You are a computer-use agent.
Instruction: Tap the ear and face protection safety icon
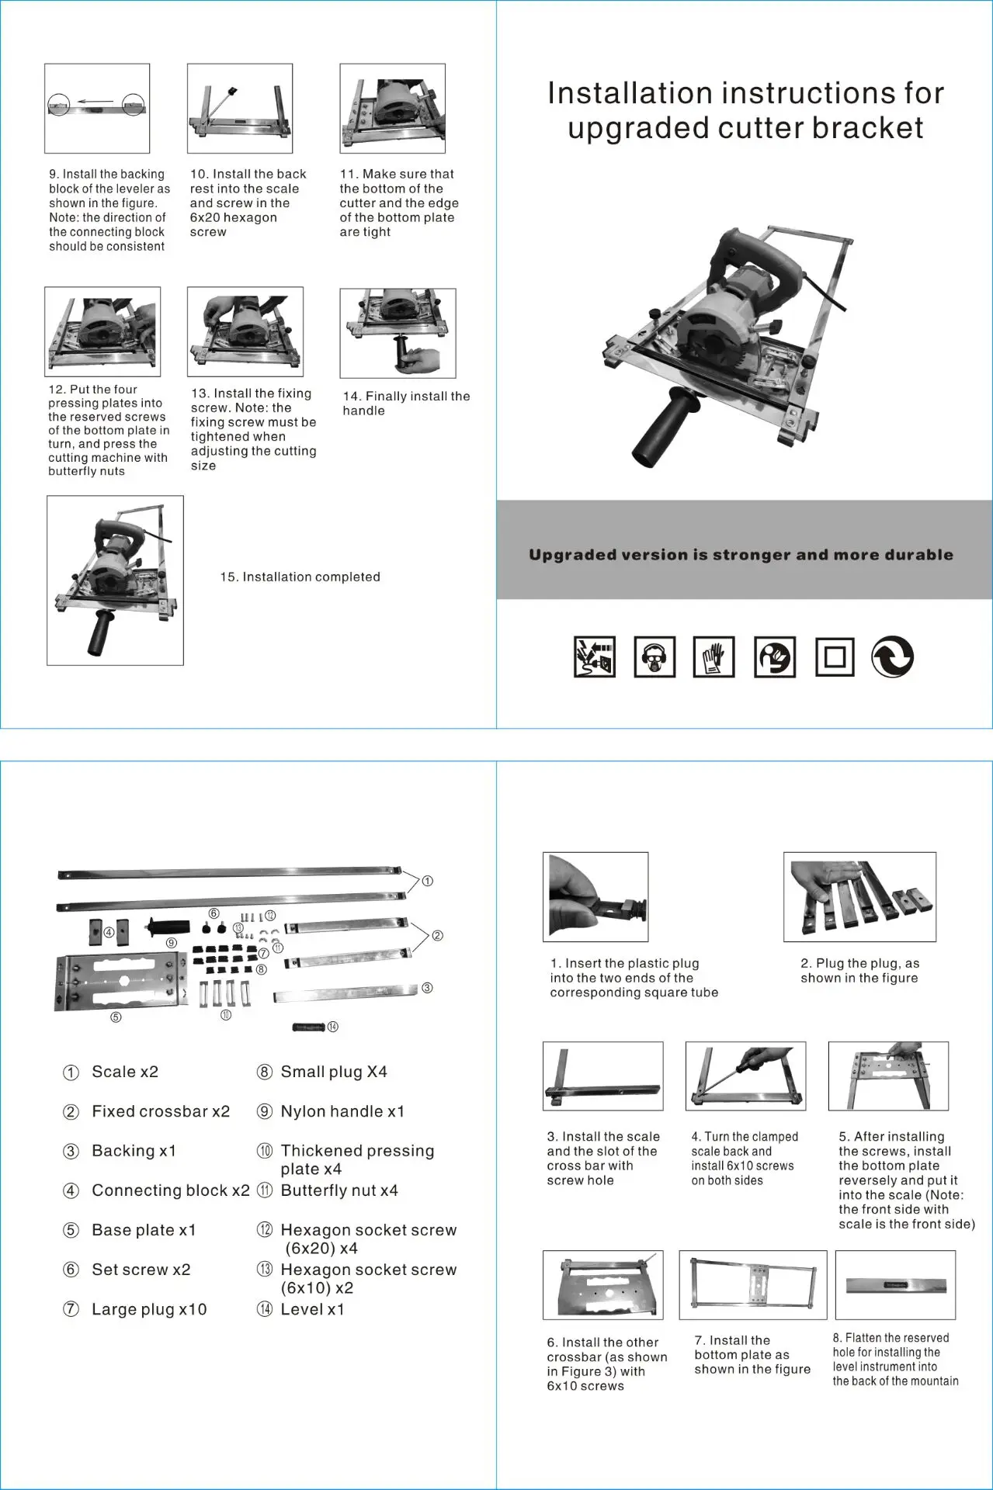pyautogui.click(x=654, y=657)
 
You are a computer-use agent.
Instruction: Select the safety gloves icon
pyautogui.click(x=714, y=657)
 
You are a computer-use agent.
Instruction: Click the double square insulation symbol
pyautogui.click(x=835, y=657)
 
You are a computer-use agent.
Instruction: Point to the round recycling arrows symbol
pyautogui.click(x=892, y=657)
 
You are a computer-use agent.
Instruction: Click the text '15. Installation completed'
pyautogui.click(x=300, y=577)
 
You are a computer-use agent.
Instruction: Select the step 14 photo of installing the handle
pyautogui.click(x=398, y=333)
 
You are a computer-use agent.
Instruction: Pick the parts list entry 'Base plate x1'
pyautogui.click(x=144, y=1230)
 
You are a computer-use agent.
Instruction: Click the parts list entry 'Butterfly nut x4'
pyautogui.click(x=339, y=1190)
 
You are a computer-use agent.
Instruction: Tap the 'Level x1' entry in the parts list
pyautogui.click(x=312, y=1309)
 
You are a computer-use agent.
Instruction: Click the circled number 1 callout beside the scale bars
pyautogui.click(x=427, y=881)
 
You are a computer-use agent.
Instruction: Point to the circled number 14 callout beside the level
pyautogui.click(x=332, y=1027)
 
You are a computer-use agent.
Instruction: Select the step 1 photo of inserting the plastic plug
pyautogui.click(x=595, y=896)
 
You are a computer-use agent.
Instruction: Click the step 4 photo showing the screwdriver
pyautogui.click(x=745, y=1076)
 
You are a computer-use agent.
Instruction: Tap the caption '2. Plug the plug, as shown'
pyautogui.click(x=859, y=971)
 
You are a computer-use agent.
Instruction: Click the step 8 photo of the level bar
pyautogui.click(x=895, y=1284)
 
